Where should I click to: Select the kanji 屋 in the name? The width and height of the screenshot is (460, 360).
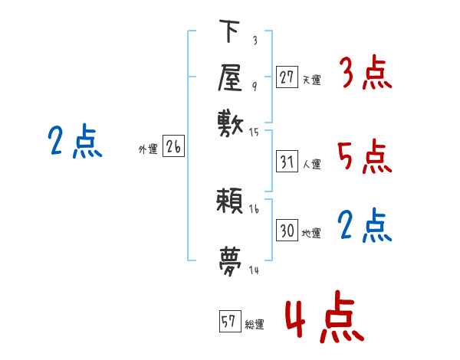230,77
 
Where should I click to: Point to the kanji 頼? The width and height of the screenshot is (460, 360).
230,202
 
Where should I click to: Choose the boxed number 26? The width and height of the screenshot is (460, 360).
173,148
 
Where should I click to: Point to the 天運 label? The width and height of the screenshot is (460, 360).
311,79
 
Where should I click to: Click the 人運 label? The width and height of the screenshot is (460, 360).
311,164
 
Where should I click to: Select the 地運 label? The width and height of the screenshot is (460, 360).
311,233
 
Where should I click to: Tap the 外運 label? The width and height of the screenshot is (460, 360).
148,149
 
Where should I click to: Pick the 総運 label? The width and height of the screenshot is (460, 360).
254,324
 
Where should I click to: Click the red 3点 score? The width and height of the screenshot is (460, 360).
365,74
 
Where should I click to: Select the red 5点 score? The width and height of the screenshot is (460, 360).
365,157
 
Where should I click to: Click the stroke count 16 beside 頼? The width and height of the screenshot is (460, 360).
255,209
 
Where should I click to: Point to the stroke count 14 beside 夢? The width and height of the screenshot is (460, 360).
255,270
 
